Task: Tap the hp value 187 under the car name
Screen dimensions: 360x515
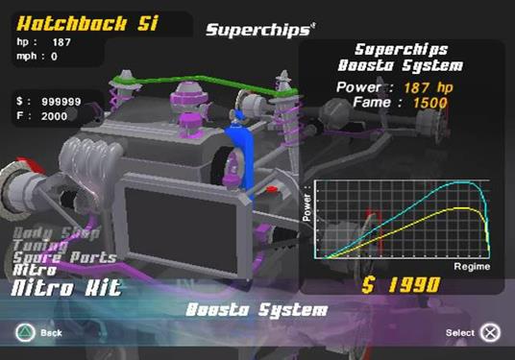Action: coord(61,42)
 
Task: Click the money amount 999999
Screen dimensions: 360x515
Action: coord(63,100)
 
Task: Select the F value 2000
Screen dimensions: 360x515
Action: coord(56,115)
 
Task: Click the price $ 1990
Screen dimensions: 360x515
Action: coord(401,284)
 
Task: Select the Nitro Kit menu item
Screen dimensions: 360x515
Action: coord(66,287)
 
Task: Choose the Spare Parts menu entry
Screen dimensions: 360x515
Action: coord(64,257)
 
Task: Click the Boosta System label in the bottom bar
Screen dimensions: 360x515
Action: coord(257,311)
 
